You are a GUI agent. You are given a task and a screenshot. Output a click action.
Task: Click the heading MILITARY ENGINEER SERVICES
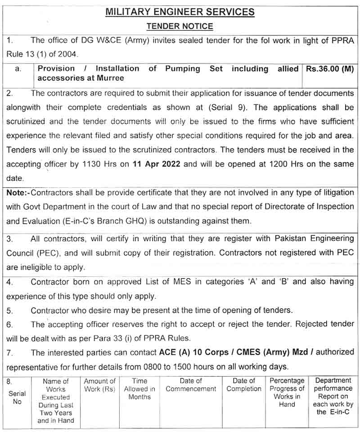click(180, 12)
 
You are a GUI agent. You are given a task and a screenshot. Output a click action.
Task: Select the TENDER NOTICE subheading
click(180, 27)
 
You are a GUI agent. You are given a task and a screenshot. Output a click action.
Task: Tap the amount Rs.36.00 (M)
click(329, 69)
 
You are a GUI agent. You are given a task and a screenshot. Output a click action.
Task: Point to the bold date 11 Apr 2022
click(157, 164)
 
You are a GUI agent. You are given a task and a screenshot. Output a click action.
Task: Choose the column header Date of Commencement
click(191, 385)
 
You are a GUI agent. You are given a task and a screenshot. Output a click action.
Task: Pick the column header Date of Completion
click(244, 385)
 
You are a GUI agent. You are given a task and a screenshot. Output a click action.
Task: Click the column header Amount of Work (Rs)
click(100, 385)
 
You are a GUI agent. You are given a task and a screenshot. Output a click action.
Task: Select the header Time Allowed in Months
click(139, 389)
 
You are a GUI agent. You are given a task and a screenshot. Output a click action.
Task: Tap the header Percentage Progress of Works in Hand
click(287, 393)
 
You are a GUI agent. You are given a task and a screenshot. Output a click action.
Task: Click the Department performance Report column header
click(333, 396)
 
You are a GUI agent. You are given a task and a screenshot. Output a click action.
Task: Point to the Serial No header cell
click(17, 397)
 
